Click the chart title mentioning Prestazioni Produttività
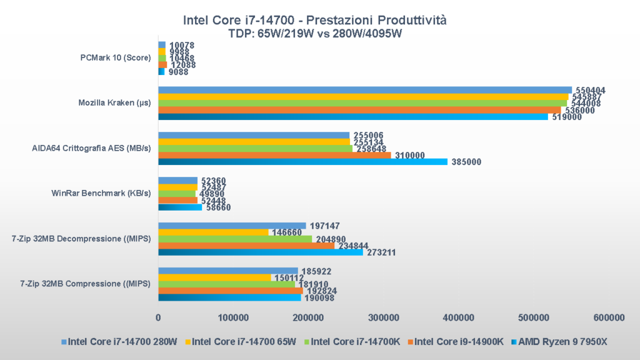pos(314,21)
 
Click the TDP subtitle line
pos(315,34)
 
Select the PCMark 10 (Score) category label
pos(115,57)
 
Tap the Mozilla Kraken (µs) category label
pos(114,102)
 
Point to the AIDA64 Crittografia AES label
pos(91,148)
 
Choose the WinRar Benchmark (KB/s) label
pos(101,193)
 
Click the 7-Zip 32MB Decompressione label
pos(82,238)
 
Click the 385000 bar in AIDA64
pos(302,162)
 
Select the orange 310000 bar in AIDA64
pos(274,155)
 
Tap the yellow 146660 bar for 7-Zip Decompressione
pos(213,232)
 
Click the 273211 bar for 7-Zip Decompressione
pos(260,252)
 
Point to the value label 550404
pos(589,90)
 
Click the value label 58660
pos(217,207)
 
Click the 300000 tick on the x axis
pos(384,317)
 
